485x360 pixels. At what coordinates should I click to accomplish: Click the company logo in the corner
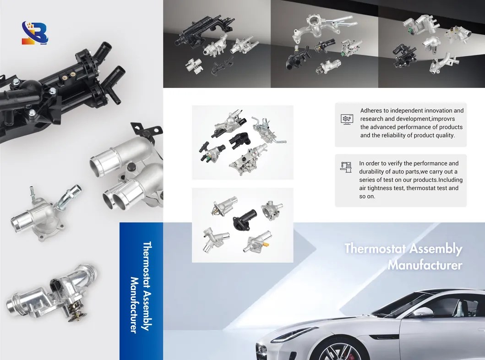point(35,33)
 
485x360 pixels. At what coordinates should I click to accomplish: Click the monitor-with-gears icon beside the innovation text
point(347,119)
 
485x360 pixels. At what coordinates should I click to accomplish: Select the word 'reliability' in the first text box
point(395,135)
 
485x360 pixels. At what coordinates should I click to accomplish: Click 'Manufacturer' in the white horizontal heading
point(425,265)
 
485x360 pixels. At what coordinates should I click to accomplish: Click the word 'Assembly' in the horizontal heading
point(436,249)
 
